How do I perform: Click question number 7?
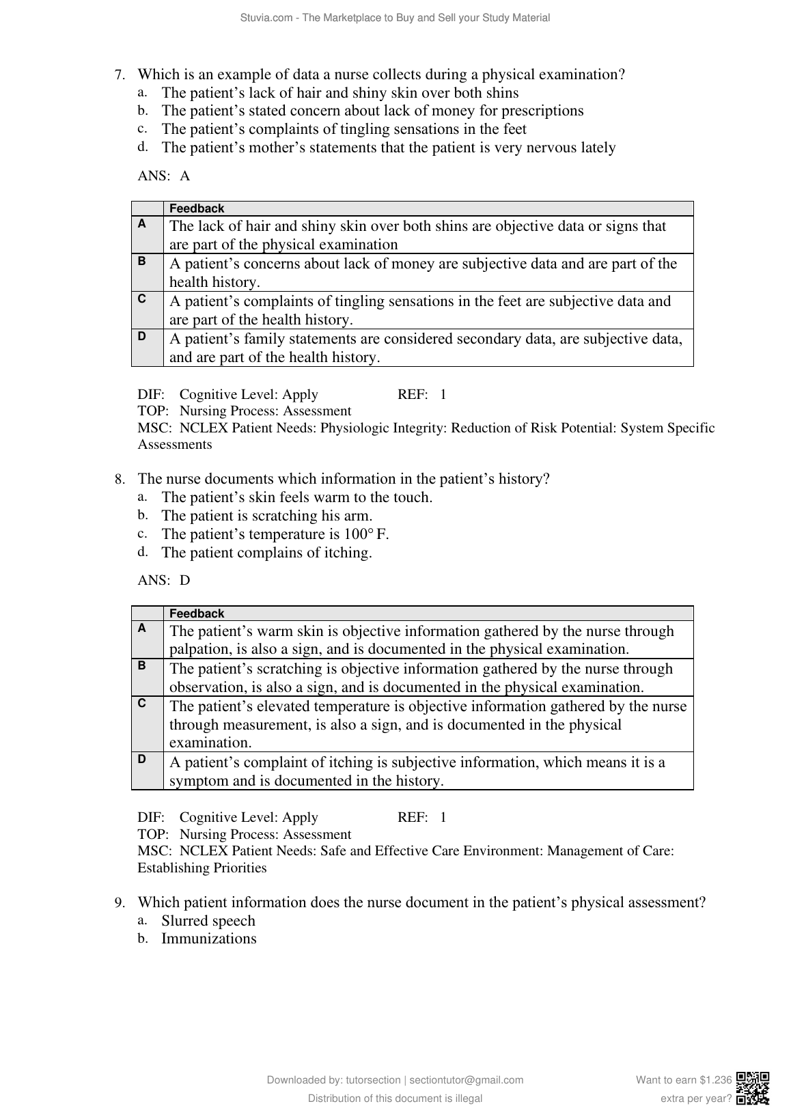tap(120, 75)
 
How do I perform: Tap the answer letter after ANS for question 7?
tap(185, 176)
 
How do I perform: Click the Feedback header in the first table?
tap(197, 208)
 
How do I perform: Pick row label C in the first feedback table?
tap(141, 298)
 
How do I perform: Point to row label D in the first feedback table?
tap(141, 335)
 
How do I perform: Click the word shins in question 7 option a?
tap(501, 94)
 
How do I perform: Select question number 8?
tap(120, 480)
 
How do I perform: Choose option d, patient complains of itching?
tap(266, 553)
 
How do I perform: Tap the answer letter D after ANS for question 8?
tap(185, 581)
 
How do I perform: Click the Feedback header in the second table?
tap(197, 613)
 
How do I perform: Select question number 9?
tap(120, 903)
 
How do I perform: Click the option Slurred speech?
tap(208, 921)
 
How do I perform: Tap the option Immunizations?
tap(208, 939)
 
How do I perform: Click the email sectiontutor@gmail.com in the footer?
tap(467, 1080)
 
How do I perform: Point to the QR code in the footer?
tap(753, 1089)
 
